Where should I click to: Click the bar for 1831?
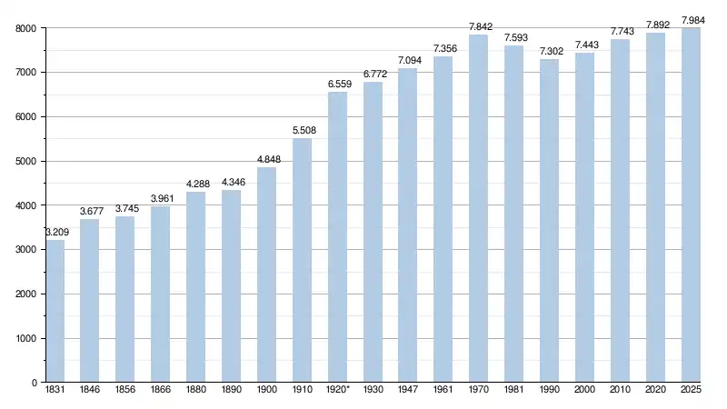55,311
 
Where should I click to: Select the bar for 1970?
478,209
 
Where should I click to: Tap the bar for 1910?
302,260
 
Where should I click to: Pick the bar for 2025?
691,205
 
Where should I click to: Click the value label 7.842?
480,26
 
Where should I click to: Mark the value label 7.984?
693,20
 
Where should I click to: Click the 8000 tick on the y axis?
25,28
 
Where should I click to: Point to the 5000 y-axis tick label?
25,162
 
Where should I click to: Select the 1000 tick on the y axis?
25,339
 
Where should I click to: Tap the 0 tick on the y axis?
33,384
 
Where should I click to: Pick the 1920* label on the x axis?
338,391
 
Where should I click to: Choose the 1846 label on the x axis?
90,391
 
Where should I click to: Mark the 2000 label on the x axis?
584,391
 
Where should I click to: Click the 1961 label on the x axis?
443,391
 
